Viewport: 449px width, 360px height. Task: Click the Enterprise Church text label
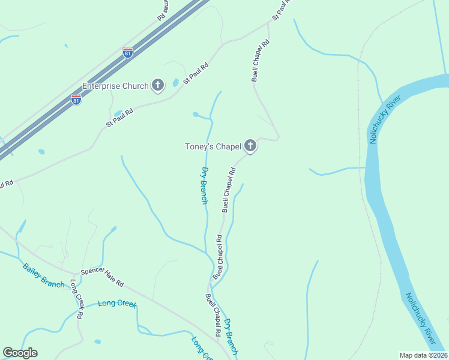click(115, 86)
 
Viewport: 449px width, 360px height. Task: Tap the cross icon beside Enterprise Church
click(158, 85)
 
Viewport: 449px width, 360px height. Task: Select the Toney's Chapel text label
click(212, 146)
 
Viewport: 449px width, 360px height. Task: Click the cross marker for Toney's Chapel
click(250, 146)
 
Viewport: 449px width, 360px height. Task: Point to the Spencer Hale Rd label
click(102, 276)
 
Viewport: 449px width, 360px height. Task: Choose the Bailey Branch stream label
click(43, 275)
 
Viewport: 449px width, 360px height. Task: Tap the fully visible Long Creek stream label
click(118, 304)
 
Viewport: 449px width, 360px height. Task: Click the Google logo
click(20, 353)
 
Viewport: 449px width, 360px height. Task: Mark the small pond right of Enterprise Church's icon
click(175, 83)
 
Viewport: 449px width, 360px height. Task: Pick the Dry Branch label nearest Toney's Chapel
click(204, 185)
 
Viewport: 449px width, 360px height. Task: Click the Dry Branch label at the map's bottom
click(231, 337)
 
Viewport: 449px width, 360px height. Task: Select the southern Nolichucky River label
click(420, 318)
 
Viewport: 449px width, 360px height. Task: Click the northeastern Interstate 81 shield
click(128, 53)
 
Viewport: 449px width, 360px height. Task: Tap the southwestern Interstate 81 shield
click(76, 99)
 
